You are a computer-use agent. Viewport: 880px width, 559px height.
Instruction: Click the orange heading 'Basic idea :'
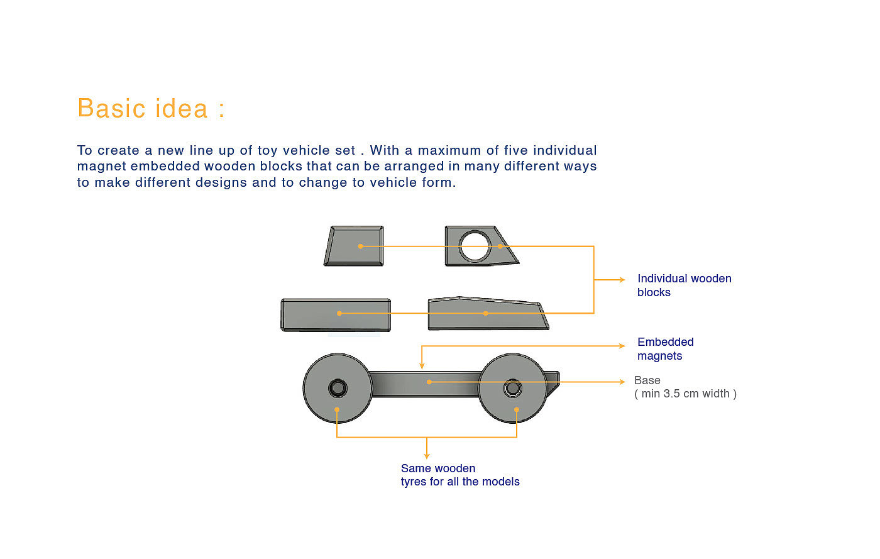tap(151, 109)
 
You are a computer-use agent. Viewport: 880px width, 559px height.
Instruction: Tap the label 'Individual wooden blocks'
tap(684, 285)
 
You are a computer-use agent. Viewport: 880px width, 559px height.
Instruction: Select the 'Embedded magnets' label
tap(665, 349)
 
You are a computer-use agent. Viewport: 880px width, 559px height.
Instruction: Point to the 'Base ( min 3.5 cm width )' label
tap(685, 387)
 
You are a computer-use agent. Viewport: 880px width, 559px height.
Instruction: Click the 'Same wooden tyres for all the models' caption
tap(459, 475)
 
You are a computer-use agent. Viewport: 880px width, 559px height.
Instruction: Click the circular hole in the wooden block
tap(475, 246)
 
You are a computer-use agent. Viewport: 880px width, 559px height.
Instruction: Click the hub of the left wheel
tap(338, 388)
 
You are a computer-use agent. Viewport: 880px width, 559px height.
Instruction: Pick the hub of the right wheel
tap(512, 388)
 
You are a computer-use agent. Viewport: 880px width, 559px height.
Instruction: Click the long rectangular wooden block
tap(336, 314)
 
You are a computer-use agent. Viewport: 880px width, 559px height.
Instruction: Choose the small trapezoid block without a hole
tap(355, 246)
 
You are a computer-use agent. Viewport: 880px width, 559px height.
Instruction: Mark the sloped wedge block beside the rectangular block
tap(487, 314)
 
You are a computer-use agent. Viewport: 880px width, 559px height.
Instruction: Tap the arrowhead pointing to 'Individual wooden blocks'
tap(622, 280)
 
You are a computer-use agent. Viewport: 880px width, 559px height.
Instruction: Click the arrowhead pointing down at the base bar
tap(422, 365)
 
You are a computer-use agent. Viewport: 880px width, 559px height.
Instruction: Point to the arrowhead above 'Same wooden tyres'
tap(427, 456)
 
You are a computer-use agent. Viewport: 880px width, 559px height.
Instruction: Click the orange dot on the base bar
tap(429, 382)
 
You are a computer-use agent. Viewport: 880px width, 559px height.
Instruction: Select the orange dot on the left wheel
tap(337, 410)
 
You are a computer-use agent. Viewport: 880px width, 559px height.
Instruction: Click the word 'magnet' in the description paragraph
tap(101, 167)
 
